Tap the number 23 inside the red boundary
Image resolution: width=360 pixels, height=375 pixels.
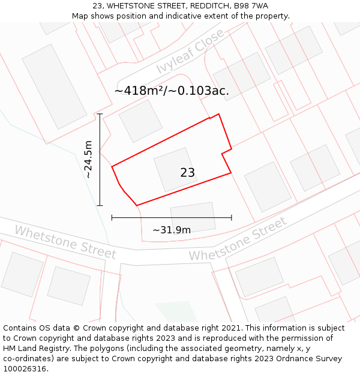187,173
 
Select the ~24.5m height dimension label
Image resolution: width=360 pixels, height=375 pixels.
88,160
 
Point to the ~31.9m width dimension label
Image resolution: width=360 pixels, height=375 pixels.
172,230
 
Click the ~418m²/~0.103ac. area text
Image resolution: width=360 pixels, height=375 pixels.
172,91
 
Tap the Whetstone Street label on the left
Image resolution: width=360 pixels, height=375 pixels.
65,241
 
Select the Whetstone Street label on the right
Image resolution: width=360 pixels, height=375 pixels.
238,239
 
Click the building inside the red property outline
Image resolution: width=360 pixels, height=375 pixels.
175,170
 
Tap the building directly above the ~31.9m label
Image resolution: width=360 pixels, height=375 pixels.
193,215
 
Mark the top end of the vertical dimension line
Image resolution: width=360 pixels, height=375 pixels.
100,114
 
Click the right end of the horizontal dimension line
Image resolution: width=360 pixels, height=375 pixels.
232,218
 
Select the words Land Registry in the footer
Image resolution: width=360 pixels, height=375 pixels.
49,349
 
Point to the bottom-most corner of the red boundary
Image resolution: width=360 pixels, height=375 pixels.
137,206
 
